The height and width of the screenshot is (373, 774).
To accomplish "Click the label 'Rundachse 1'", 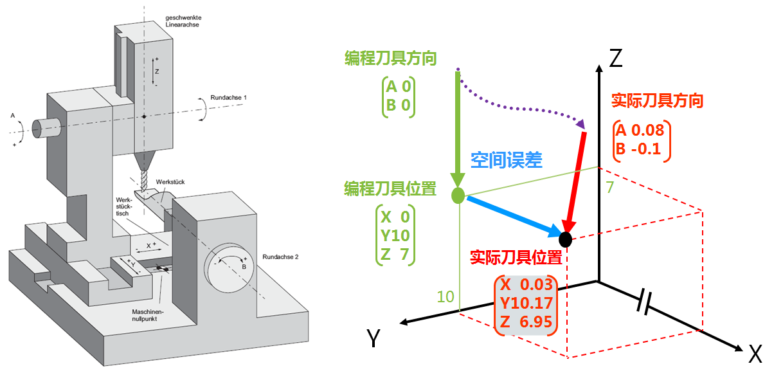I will [x=228, y=96].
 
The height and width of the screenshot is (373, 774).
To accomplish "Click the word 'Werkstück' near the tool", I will [x=170, y=183].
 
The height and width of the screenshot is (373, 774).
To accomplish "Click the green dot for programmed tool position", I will [x=458, y=196].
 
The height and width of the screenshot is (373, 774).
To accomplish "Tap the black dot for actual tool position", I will [x=566, y=239].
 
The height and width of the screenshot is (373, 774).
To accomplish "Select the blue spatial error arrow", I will [x=511, y=215].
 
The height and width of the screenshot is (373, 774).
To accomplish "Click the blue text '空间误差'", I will [x=507, y=160].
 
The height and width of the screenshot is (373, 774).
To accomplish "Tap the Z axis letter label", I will [x=616, y=59].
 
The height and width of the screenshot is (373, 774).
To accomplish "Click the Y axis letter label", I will [x=373, y=337].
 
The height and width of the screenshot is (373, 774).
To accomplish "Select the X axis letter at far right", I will [x=755, y=353].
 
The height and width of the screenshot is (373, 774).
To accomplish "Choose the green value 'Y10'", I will [x=395, y=235].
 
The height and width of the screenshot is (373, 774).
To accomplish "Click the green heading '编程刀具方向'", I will [x=390, y=59].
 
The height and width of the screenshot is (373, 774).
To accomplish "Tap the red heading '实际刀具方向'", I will [x=657, y=101].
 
